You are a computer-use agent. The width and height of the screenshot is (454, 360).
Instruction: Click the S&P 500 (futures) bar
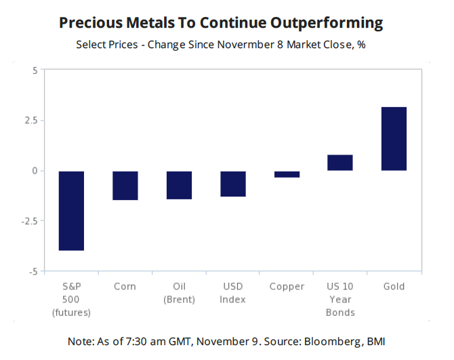tap(71, 211)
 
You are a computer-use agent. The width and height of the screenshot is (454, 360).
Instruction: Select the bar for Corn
tap(125, 185)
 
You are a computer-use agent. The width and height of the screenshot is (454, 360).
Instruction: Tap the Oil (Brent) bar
tap(179, 185)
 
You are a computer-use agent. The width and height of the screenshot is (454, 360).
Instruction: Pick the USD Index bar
tap(232, 184)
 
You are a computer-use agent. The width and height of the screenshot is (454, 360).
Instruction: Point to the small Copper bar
tap(287, 174)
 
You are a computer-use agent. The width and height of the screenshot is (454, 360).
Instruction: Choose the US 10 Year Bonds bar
tap(340, 163)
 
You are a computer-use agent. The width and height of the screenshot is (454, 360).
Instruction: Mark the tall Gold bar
tap(394, 139)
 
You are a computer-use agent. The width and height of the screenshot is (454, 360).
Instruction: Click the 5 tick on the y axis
tap(35, 71)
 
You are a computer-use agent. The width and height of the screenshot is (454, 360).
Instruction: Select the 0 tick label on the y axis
tap(35, 171)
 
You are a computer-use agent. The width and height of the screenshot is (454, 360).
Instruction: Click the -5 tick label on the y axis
tap(33, 271)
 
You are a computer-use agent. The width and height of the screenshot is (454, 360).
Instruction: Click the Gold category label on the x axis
tap(394, 286)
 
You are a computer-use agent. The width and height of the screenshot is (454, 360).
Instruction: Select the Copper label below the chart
tap(287, 286)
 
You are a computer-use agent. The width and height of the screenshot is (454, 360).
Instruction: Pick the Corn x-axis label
tap(125, 286)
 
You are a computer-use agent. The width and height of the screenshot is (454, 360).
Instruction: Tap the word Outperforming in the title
tap(327, 22)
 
